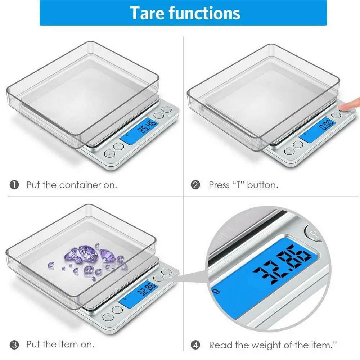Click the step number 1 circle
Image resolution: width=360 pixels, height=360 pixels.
[14, 185]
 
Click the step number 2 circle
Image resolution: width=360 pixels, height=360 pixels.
[195, 185]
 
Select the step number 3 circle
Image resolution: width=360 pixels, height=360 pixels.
[14, 345]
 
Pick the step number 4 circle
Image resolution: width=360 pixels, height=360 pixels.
[195, 345]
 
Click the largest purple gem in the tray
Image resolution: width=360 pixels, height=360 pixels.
[86, 253]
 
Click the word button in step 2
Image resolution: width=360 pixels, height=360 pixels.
[262, 185]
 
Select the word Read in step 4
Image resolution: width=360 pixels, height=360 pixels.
[220, 345]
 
